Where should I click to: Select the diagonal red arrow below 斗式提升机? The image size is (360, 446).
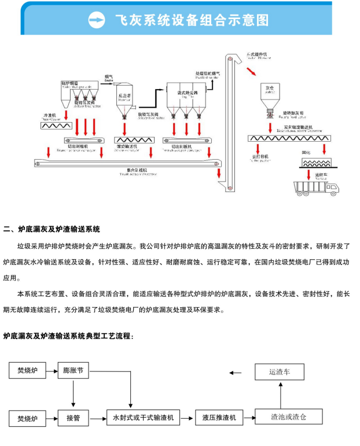pos(252,71)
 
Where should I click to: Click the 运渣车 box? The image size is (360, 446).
pos(280,372)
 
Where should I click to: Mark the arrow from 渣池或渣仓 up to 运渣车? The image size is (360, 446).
pos(280,395)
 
